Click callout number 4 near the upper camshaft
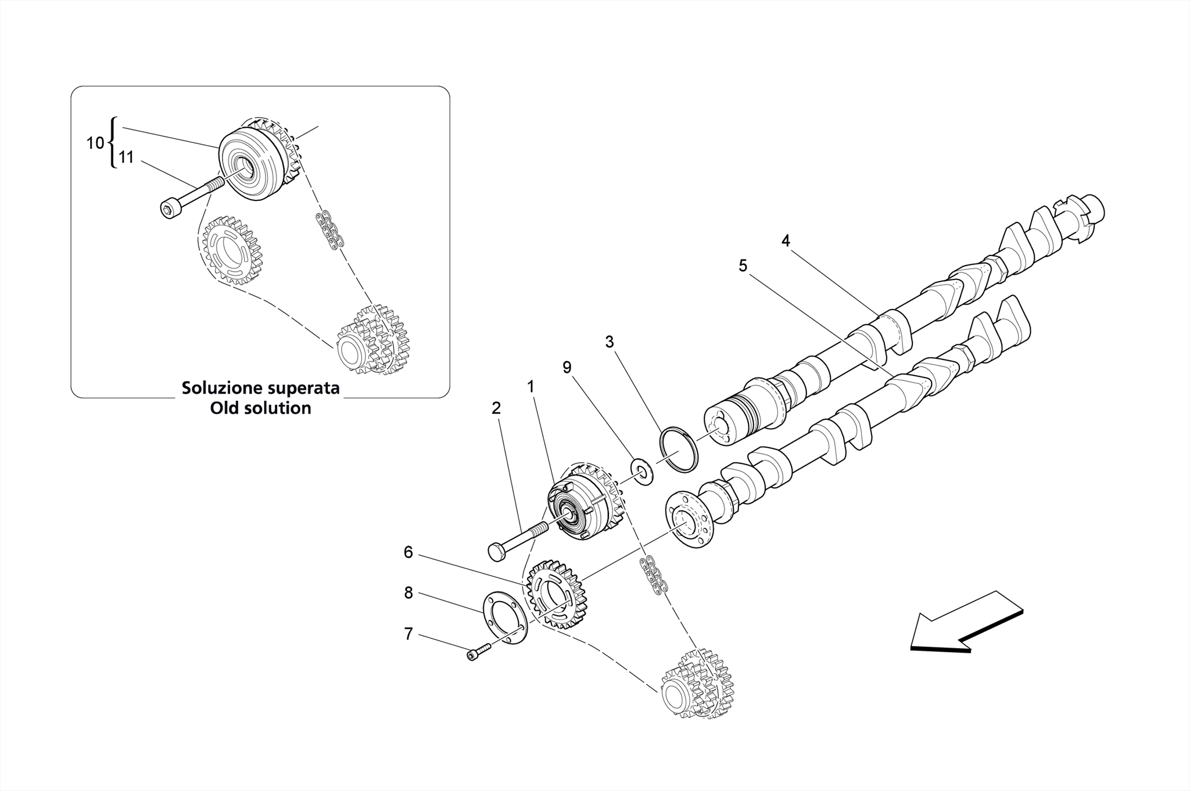pyautogui.click(x=786, y=240)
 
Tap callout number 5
pyautogui.click(x=743, y=266)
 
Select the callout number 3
pyautogui.click(x=609, y=342)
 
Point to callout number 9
pyautogui.click(x=567, y=367)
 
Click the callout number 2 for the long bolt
pyautogui.click(x=496, y=408)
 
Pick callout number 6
pyautogui.click(x=408, y=552)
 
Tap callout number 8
pyautogui.click(x=408, y=593)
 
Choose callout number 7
pyautogui.click(x=408, y=634)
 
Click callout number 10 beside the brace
pyautogui.click(x=95, y=143)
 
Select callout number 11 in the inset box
pyautogui.click(x=126, y=157)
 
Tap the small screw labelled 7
pyautogui.click(x=475, y=653)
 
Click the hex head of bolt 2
pyautogui.click(x=497, y=551)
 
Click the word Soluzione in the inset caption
pyautogui.click(x=223, y=388)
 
